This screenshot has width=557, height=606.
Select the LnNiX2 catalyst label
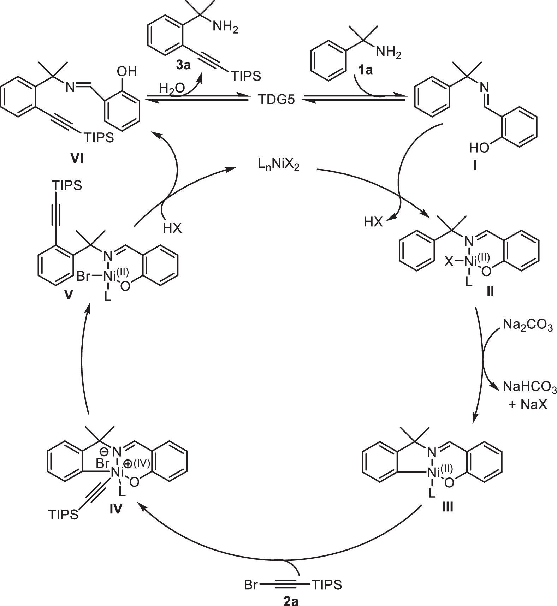coord(278,165)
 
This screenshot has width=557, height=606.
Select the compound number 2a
coord(291,601)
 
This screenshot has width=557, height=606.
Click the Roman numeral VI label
coord(77,159)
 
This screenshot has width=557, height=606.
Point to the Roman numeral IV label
coord(115,509)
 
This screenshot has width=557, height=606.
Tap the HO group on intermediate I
coord(479,148)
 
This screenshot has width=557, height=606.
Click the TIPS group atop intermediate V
coord(67,185)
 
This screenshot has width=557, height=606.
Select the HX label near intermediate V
coord(172,228)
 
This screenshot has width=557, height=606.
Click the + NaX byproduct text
coord(528,405)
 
